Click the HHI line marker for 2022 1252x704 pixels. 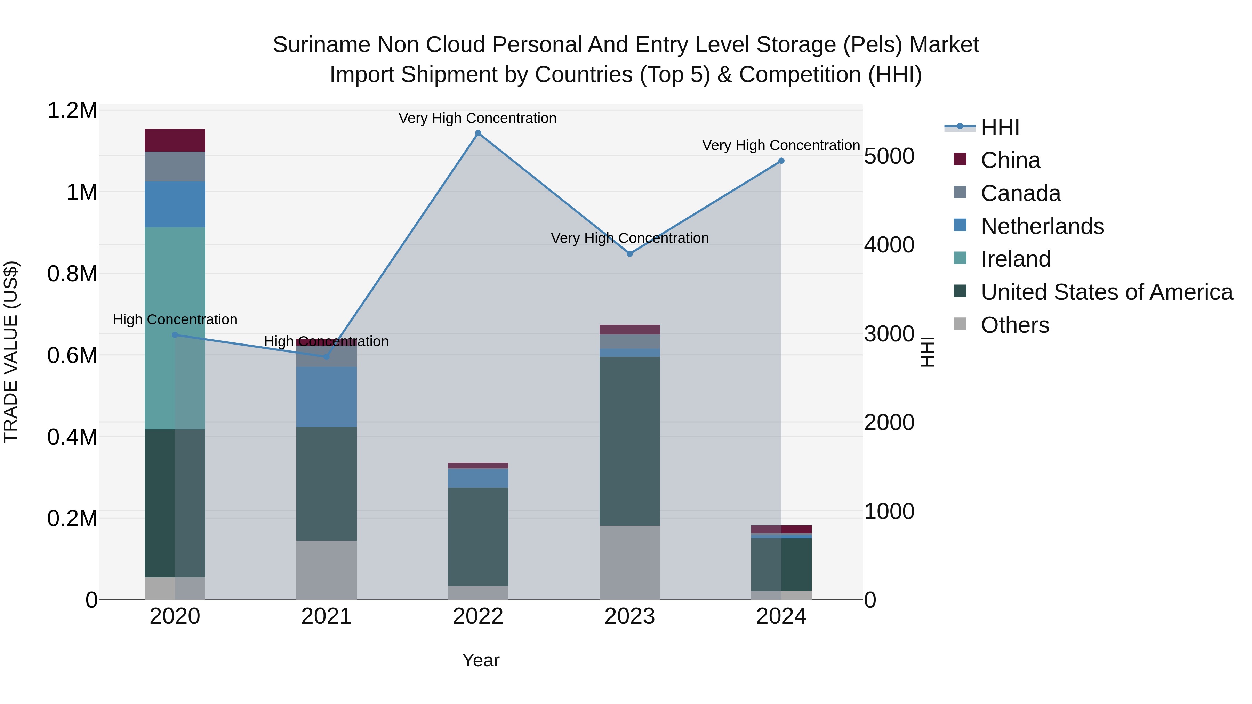click(478, 133)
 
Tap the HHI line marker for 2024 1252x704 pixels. click(781, 161)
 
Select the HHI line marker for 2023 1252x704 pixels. click(629, 254)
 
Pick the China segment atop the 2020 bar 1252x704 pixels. click(175, 140)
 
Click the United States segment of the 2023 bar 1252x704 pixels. click(629, 441)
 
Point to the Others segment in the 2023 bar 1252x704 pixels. click(629, 562)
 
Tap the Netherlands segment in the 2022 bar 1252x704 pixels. click(478, 478)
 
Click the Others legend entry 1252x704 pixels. click(1014, 325)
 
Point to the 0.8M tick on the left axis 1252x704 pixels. click(72, 274)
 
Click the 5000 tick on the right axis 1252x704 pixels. click(889, 156)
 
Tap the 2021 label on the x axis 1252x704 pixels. click(326, 616)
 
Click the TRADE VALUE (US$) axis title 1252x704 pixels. click(11, 352)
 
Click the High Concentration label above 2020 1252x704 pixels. click(175, 320)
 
